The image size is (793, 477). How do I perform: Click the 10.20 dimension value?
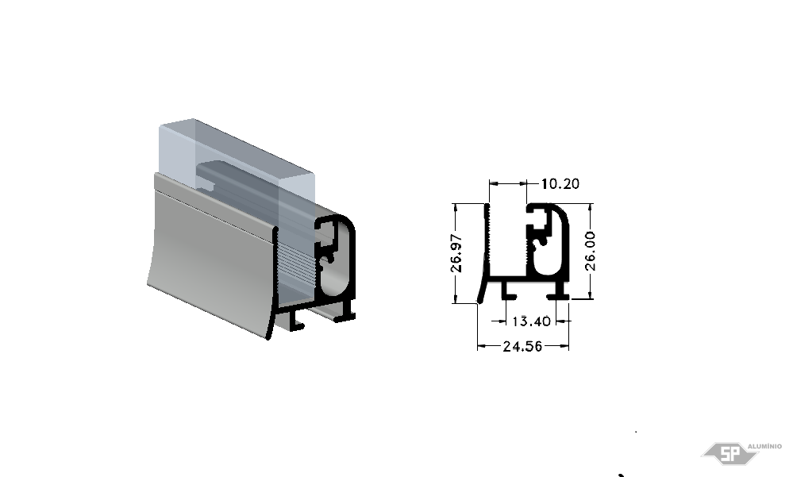(x=560, y=183)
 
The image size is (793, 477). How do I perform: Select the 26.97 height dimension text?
(x=456, y=253)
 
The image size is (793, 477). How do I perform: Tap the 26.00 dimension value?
(x=590, y=252)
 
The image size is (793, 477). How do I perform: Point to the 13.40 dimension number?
(x=531, y=321)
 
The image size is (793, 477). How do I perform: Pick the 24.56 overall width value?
(x=522, y=347)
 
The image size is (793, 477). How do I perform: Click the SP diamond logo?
(x=729, y=453)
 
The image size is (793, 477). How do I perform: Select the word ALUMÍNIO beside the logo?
(x=764, y=446)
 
